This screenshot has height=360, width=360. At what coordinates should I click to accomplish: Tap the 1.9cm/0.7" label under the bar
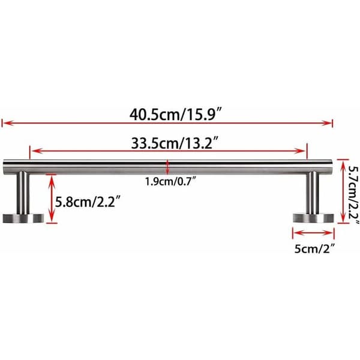(171, 181)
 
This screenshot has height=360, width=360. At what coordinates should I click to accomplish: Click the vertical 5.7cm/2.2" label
(354, 194)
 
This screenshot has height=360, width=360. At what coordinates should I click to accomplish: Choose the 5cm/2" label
(314, 248)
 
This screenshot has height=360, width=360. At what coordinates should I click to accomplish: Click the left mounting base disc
(23, 218)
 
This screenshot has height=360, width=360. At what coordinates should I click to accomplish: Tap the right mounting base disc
(313, 218)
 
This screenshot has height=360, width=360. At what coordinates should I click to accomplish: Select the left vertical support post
(23, 193)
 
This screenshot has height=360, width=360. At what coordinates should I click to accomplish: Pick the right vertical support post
(313, 193)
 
